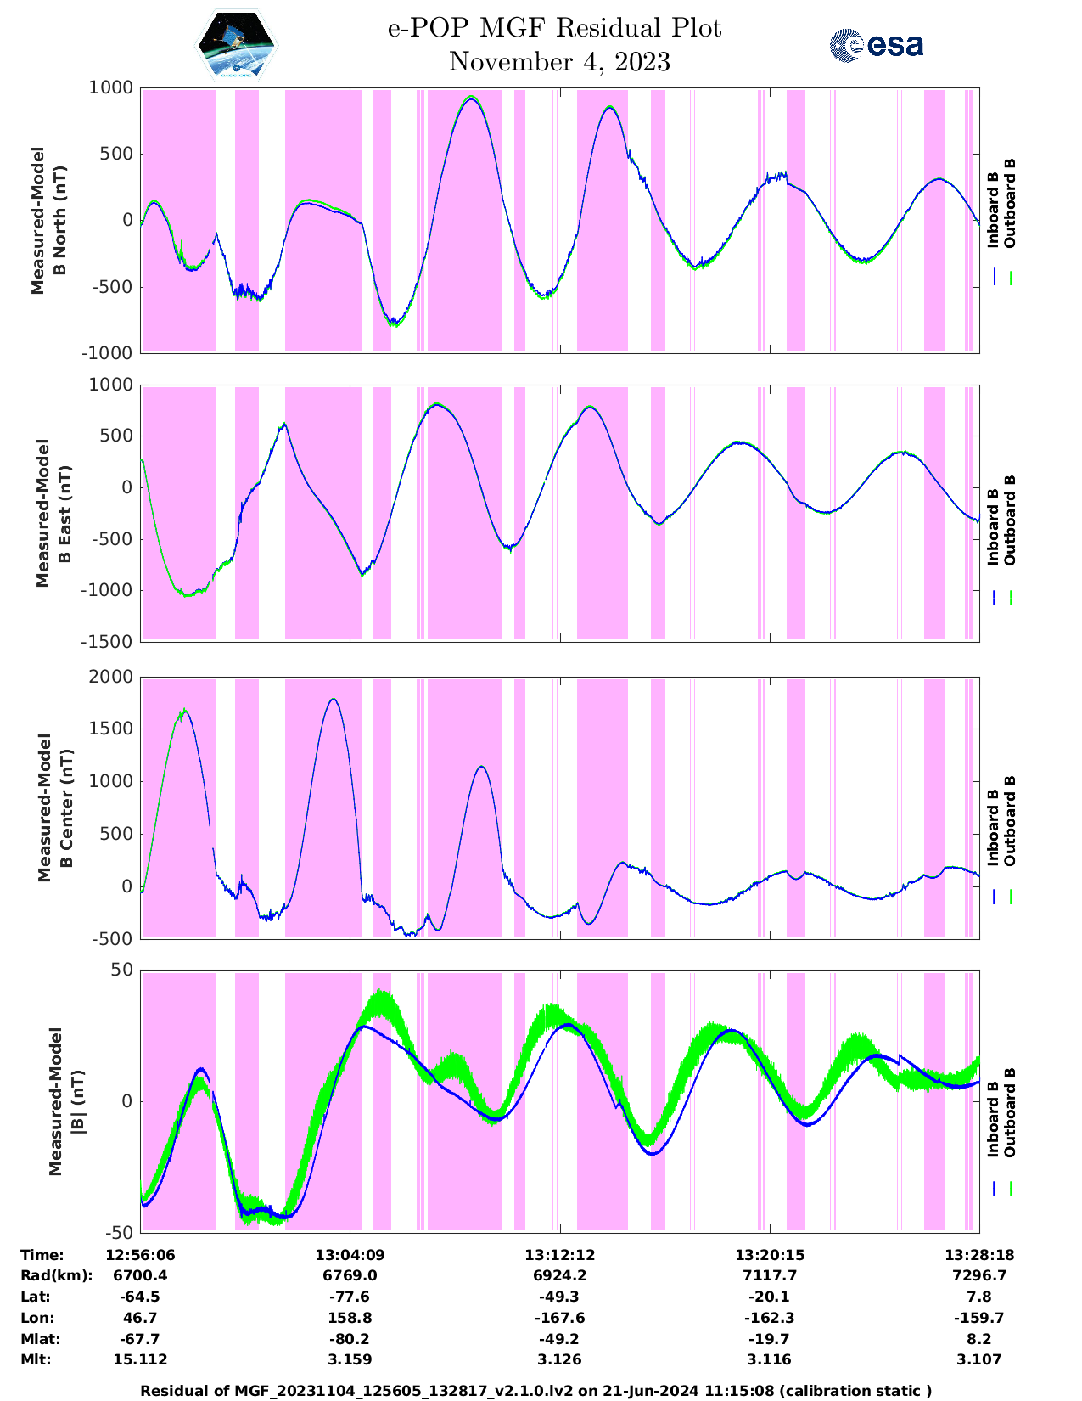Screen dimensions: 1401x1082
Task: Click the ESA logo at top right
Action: point(876,45)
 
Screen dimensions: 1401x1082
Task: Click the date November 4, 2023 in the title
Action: point(558,62)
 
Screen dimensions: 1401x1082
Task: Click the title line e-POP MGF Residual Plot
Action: point(554,28)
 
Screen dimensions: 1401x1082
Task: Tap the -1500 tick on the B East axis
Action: point(107,642)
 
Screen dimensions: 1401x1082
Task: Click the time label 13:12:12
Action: point(559,1255)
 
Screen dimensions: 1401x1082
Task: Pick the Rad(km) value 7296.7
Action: point(978,1275)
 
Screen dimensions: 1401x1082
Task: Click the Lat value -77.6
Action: point(349,1297)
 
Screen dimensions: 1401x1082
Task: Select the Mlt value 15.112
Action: point(140,1359)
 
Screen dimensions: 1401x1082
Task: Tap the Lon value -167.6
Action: point(559,1318)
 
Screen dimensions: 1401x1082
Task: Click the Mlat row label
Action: point(37,1339)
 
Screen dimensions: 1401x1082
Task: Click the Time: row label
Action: point(42,1255)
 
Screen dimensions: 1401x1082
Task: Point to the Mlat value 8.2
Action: point(978,1339)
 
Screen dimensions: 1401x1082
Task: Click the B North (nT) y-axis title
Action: point(49,221)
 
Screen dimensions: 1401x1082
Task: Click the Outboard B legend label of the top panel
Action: point(1010,204)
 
